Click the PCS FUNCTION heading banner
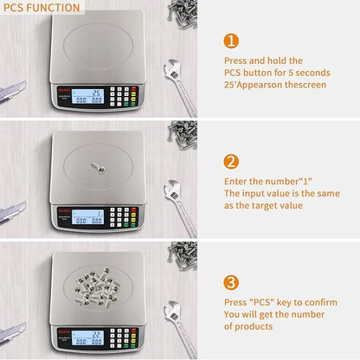(41, 8)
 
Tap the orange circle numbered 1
(231, 41)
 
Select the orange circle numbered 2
(231, 161)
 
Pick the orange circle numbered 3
(231, 282)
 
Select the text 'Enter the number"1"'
(267, 180)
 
